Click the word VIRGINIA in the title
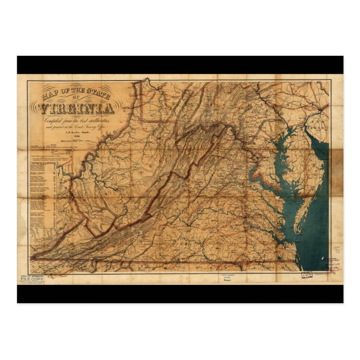(77, 109)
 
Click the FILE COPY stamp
(31, 279)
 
